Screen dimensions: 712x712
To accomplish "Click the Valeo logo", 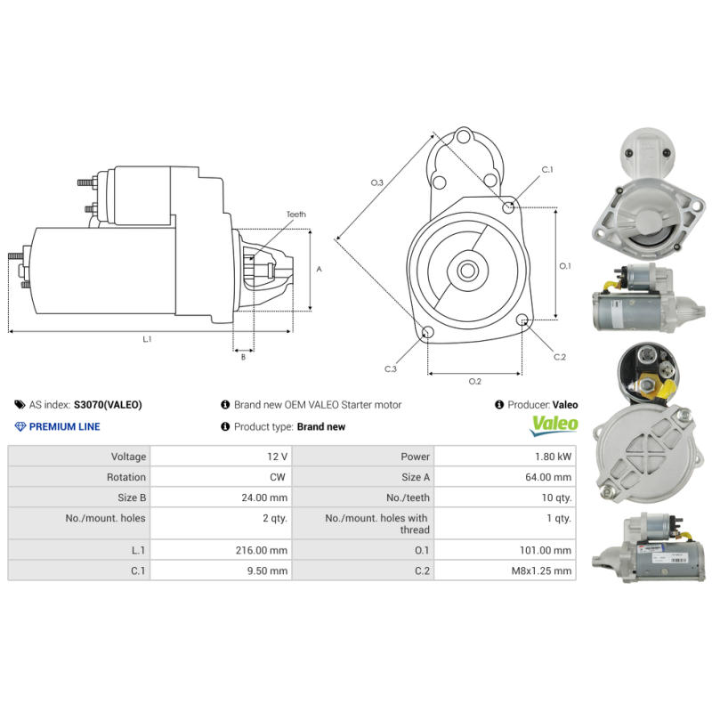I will coord(554,425).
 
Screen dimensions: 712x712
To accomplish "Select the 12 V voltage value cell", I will coord(277,457).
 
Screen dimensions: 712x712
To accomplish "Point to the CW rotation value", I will coord(279,477).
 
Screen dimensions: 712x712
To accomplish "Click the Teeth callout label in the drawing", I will coord(296,214).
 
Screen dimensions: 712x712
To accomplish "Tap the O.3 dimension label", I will coord(377,182).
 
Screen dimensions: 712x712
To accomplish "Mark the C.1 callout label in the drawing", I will coord(548,169).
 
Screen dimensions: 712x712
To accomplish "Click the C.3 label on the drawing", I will coord(391,368).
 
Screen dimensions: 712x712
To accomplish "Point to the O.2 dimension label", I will coord(475,382).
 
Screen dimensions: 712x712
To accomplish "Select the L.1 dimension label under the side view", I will coord(147,339).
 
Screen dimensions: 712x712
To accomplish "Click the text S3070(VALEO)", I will coord(108,404).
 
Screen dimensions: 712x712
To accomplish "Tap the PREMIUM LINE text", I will coord(64,426).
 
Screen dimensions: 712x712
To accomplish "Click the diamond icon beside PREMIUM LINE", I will coord(20,426).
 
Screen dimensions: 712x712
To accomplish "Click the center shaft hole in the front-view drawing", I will coord(465,270).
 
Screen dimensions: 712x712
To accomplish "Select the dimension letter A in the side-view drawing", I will coord(319,269).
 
